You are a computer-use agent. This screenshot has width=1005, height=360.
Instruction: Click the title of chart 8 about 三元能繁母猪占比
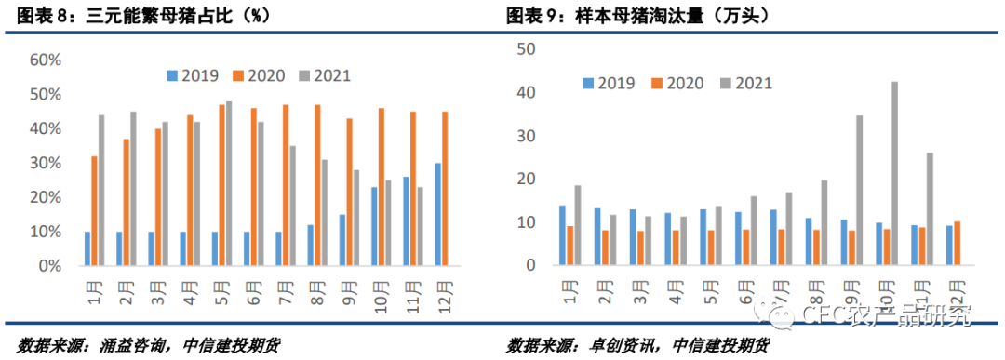[x=130, y=16]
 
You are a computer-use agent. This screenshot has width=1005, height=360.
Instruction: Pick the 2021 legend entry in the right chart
[x=744, y=83]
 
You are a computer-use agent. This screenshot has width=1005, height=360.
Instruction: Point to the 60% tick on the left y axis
[x=46, y=60]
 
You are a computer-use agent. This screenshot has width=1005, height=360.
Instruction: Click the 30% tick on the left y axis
[x=46, y=163]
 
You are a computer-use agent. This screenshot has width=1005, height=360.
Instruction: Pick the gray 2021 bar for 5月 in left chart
[x=229, y=183]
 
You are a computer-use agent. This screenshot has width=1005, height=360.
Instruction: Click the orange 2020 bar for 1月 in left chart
[x=94, y=210]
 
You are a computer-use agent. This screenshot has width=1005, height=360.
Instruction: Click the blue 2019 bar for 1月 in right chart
[x=562, y=235]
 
